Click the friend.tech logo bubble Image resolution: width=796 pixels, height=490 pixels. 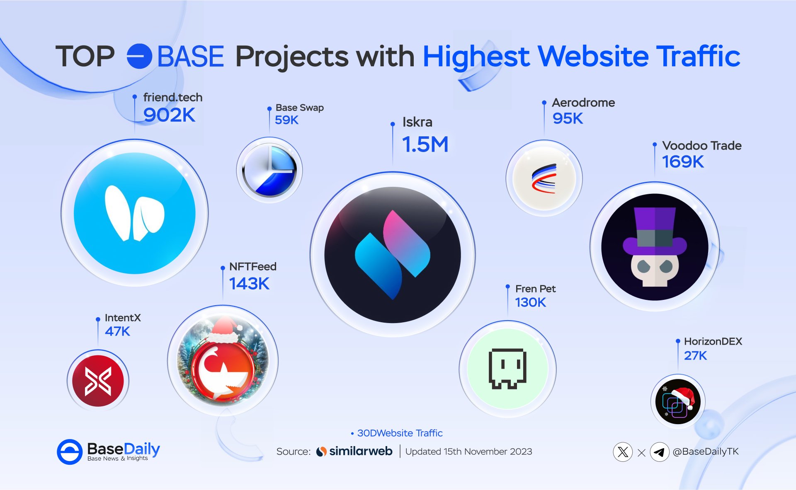tap(135, 213)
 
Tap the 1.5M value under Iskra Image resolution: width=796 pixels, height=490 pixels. tap(425, 145)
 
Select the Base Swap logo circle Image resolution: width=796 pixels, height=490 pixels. tap(269, 170)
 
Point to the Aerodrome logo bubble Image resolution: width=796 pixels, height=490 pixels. tap(544, 178)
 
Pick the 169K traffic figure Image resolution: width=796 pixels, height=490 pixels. tap(683, 162)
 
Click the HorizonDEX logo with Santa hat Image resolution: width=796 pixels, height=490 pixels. tap(678, 401)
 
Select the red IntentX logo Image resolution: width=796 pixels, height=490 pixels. tap(98, 381)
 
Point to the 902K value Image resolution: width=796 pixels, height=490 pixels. tap(169, 115)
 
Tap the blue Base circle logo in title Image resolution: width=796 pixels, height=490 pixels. tap(139, 56)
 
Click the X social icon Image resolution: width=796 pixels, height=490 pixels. tap(623, 452)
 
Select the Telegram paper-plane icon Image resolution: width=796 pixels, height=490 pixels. tap(660, 452)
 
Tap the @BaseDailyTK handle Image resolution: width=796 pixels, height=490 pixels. tap(706, 451)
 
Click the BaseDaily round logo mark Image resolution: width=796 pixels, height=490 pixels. tap(70, 452)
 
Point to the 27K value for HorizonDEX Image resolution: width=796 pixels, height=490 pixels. tap(695, 355)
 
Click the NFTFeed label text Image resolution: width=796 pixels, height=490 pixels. tap(253, 266)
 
